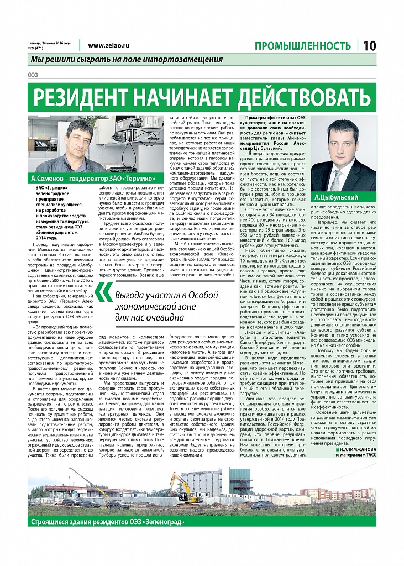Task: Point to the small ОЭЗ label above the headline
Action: coord(33,75)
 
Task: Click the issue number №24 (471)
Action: coord(37,48)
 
